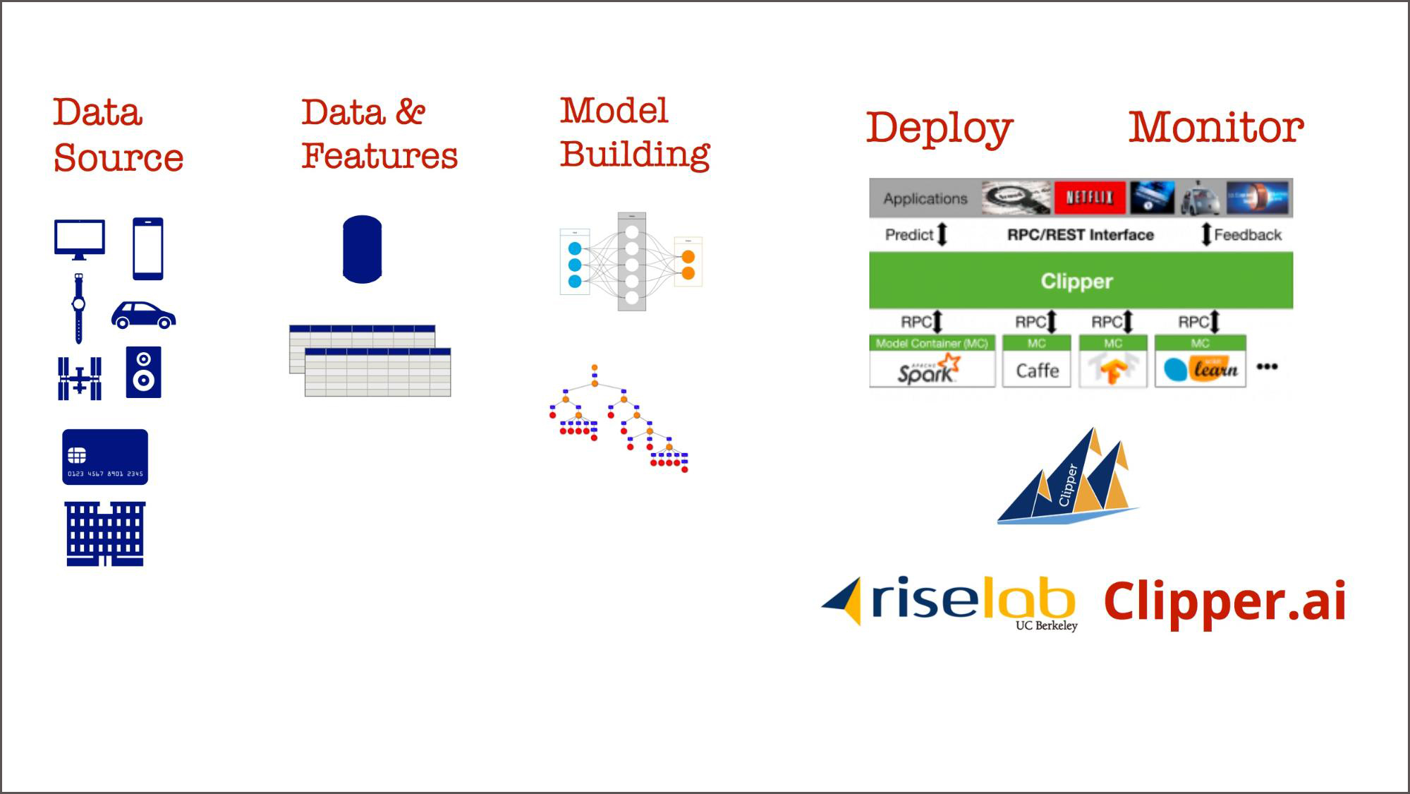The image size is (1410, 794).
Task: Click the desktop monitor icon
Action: coord(80,239)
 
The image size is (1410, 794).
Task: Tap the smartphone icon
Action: coord(148,248)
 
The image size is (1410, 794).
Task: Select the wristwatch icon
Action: coord(78,308)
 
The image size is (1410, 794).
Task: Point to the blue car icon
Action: coord(143,315)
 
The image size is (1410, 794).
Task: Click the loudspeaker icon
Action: coord(143,372)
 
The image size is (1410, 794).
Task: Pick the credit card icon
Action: coord(105,457)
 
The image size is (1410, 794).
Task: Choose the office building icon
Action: coord(105,534)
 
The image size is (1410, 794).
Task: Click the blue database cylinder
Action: coord(362,249)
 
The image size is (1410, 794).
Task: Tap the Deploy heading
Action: coord(939,128)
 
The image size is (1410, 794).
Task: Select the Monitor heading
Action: coord(1216,128)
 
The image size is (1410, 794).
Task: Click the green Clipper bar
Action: coord(1080,281)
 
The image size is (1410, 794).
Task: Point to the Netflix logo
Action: coord(1089,198)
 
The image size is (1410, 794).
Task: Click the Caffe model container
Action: coord(1037,370)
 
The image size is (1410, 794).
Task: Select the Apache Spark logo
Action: coord(929,369)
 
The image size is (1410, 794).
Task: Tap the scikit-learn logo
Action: coord(1201,369)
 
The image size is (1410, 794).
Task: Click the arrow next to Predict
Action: coord(942,234)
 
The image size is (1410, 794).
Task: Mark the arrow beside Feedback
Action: coord(1206,234)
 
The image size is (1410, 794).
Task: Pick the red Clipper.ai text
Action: coord(1224,601)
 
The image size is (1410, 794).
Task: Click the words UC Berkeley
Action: coord(1046,625)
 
